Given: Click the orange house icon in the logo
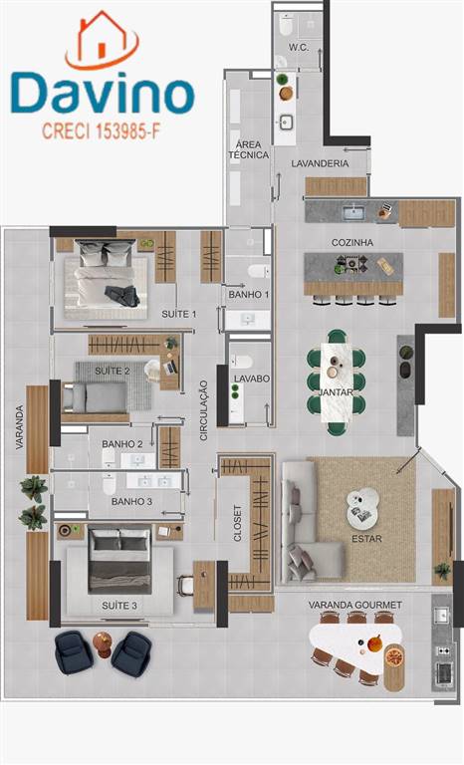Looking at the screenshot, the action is click(x=102, y=40).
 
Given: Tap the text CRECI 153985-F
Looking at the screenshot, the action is click(x=101, y=130).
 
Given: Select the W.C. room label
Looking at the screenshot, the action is click(x=298, y=48).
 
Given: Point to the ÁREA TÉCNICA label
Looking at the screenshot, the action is click(x=248, y=149).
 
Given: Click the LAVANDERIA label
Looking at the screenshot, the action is click(x=320, y=164).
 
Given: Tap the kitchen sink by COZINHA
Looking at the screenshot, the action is click(x=352, y=213).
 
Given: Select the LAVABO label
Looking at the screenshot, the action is click(x=252, y=379).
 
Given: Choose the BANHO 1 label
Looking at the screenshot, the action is click(x=249, y=295).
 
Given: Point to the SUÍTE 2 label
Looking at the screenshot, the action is click(x=113, y=372).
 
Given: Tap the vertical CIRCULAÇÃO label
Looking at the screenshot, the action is click(x=204, y=410).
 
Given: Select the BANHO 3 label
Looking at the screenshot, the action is click(x=131, y=502).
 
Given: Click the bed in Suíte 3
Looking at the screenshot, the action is click(x=119, y=561).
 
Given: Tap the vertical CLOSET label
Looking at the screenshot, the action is click(x=238, y=523).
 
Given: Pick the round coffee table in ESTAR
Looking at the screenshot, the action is click(x=363, y=508).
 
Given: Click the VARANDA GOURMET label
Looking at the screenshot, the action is click(x=355, y=605).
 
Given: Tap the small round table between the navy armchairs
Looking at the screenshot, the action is click(x=103, y=644).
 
